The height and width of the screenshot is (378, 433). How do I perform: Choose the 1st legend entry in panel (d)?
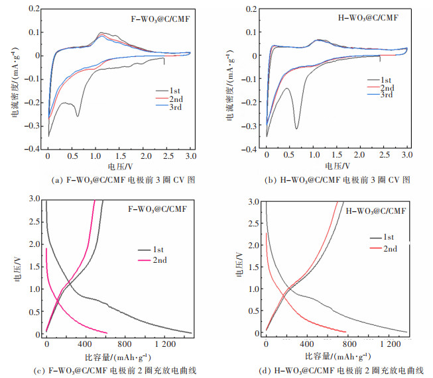pos(388,236)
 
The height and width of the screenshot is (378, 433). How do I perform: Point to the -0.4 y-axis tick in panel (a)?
pos(32,150)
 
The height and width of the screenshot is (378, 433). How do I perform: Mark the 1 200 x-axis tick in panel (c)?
pos(165,344)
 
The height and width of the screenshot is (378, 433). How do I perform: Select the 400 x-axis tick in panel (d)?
pos(307,344)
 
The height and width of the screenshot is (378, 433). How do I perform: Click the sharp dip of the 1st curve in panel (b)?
pos(296,128)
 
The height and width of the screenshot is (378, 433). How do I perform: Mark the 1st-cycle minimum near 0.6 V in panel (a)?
pos(78,116)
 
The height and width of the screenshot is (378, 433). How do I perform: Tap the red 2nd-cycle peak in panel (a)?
pos(101,32)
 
